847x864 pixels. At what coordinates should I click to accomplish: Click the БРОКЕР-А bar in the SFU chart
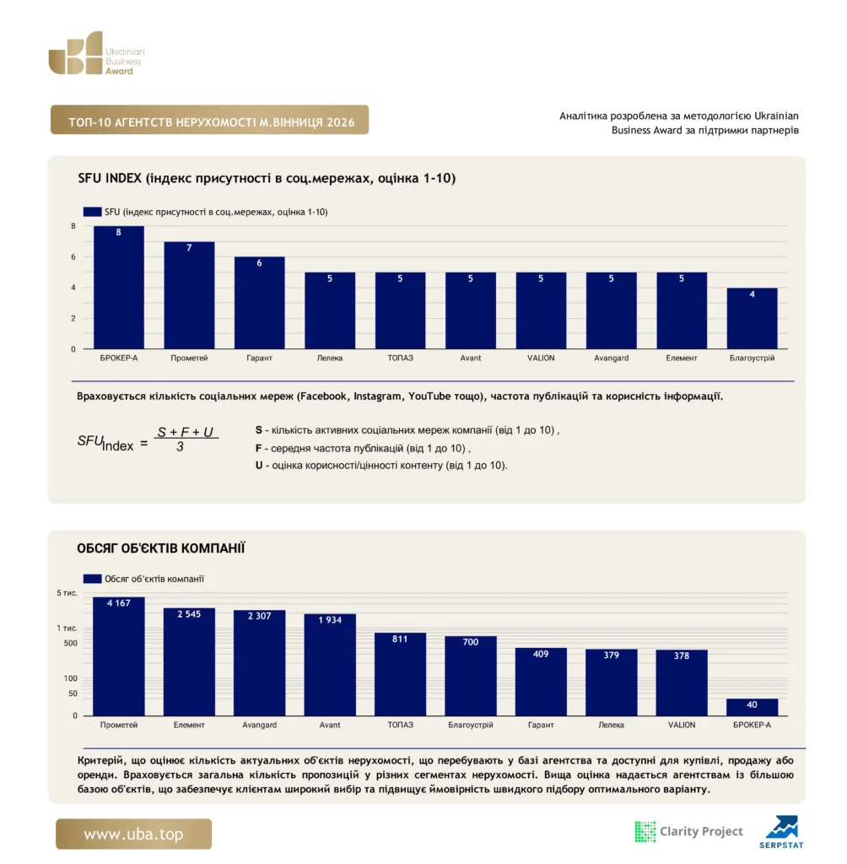(118, 287)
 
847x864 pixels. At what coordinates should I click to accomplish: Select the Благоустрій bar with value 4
(752, 318)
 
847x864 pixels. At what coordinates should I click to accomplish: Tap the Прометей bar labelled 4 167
(118, 656)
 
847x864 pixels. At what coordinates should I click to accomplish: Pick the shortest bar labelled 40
(752, 707)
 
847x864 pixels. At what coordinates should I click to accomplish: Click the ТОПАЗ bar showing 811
(400, 674)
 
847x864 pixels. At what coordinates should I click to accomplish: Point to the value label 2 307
(260, 615)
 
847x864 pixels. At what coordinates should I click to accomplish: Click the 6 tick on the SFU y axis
(73, 256)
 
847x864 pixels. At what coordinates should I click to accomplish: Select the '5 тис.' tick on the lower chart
(67, 593)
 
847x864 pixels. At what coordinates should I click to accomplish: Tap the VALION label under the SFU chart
(541, 358)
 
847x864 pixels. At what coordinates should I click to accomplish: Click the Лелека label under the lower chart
(611, 725)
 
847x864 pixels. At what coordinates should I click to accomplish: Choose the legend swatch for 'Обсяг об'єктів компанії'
(92, 579)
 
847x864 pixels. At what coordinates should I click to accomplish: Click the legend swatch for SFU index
(92, 212)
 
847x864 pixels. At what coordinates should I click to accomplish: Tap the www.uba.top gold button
(133, 834)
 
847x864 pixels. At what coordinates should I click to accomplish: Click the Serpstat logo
(781, 832)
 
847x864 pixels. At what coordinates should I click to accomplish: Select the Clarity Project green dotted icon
(645, 831)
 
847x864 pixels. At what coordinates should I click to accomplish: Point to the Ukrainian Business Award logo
(96, 53)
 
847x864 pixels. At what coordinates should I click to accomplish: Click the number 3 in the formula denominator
(180, 447)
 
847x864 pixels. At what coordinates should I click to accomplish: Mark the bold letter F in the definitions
(258, 448)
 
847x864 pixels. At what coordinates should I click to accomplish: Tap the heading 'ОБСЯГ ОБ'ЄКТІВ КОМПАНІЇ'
(161, 548)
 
